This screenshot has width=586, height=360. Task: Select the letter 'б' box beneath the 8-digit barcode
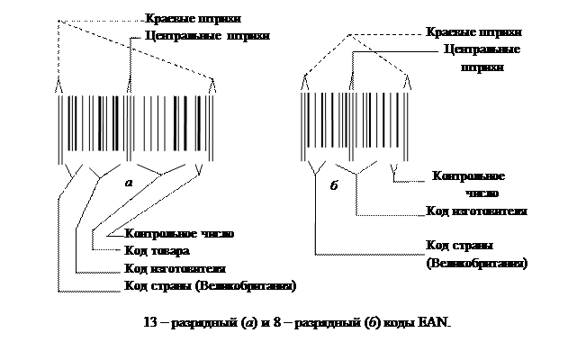tap(335, 187)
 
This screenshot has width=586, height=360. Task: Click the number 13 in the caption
tap(152, 323)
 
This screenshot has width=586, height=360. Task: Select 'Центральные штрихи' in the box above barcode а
tap(207, 37)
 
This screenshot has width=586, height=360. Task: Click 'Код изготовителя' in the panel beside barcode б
tap(476, 211)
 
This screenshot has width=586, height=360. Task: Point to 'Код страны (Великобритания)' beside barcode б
tap(476, 254)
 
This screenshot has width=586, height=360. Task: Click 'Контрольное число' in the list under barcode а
tap(180, 233)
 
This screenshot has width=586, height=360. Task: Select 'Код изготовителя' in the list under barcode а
tap(175, 269)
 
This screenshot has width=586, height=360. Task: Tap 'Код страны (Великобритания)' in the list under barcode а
tap(211, 286)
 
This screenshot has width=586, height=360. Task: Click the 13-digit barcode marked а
tap(135, 130)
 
